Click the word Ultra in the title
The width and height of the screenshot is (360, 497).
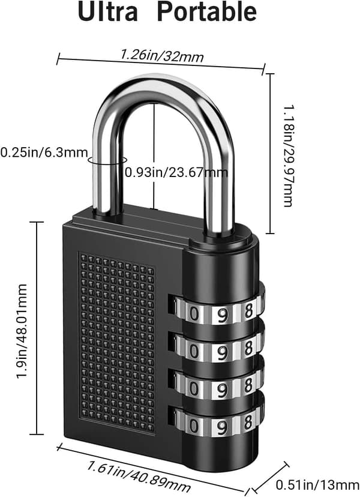click(x=108, y=12)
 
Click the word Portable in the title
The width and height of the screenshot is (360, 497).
click(x=207, y=12)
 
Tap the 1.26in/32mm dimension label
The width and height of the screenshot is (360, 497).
click(x=161, y=56)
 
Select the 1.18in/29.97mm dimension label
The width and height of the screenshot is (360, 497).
click(x=288, y=156)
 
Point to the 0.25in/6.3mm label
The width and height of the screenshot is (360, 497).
click(x=44, y=152)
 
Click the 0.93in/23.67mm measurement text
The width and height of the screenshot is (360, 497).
click(x=176, y=172)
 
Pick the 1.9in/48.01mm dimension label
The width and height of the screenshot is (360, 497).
click(x=22, y=331)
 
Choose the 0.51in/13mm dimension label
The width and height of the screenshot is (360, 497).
click(x=317, y=484)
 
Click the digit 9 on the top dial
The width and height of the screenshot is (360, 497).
click(x=223, y=314)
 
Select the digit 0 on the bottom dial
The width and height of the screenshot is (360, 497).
click(x=194, y=426)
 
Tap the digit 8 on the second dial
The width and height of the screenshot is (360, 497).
click(x=249, y=348)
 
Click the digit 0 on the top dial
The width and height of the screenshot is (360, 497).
click(x=194, y=314)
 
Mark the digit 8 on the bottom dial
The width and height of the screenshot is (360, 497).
click(x=249, y=422)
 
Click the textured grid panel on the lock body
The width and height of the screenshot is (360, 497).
click(x=117, y=343)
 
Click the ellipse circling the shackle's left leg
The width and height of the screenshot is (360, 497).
click(x=107, y=160)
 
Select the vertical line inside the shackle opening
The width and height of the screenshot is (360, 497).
click(x=154, y=155)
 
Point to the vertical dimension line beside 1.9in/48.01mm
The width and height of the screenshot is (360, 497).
click(x=37, y=328)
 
